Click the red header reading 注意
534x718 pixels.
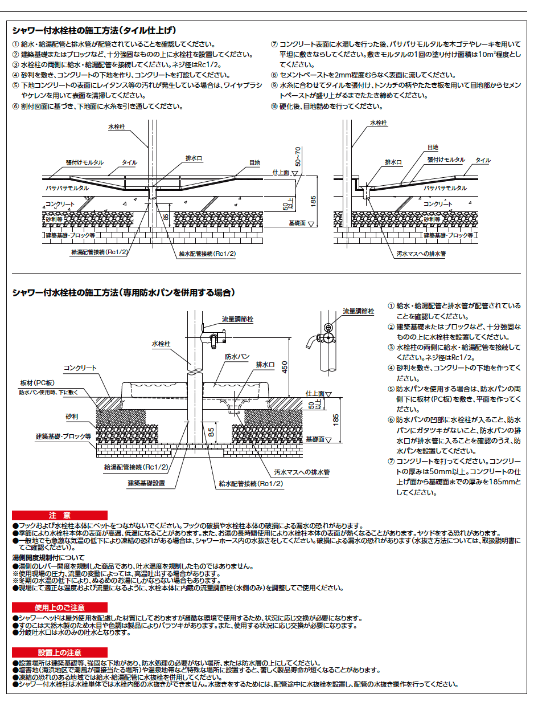click(59, 515)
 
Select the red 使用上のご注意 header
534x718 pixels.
click(59, 607)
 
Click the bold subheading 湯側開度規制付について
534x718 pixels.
click(48, 557)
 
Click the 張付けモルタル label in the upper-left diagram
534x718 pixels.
click(85, 162)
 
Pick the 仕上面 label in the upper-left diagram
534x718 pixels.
click(281, 172)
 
